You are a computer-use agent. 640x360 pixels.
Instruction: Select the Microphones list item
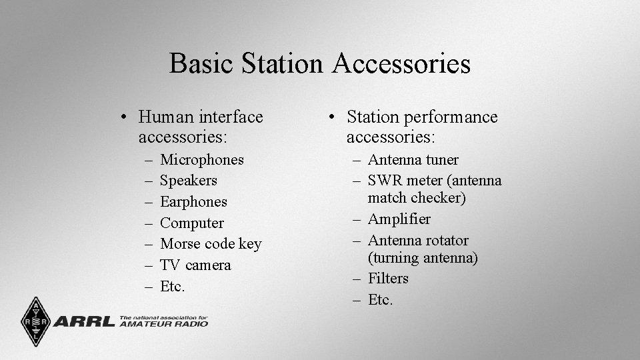[x=202, y=160]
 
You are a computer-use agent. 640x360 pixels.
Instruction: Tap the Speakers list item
[x=189, y=181]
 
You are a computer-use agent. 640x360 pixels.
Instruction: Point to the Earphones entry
[x=193, y=202]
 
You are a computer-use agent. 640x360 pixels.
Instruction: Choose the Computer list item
[x=192, y=223]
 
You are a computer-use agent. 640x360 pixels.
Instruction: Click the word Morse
[x=181, y=244]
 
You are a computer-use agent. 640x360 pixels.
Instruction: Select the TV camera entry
[x=195, y=265]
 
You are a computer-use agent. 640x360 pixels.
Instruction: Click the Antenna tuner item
[x=413, y=160]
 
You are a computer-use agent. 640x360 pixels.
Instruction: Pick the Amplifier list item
[x=399, y=219]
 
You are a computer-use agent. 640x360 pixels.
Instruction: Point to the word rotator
[x=446, y=241]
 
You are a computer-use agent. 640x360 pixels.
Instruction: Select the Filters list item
[x=388, y=279]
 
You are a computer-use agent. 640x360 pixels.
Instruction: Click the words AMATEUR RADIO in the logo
[x=163, y=324]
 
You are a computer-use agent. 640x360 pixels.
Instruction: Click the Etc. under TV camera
[x=173, y=287]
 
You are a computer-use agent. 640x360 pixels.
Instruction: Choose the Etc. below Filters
[x=381, y=300]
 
